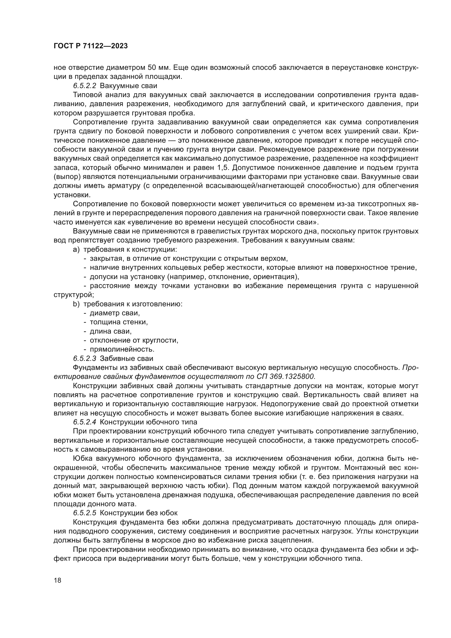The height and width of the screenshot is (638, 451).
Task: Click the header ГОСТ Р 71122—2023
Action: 91,46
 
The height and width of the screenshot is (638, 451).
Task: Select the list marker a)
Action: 76,250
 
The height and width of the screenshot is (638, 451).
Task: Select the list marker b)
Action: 76,304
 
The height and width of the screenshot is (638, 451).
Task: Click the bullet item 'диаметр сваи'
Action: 115,313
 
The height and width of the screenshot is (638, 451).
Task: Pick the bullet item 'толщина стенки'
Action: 119,322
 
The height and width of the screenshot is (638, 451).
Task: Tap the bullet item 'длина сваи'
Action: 110,331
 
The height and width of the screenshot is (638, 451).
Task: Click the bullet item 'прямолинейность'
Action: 122,349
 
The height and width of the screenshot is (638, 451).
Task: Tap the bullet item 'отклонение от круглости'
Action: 134,340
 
